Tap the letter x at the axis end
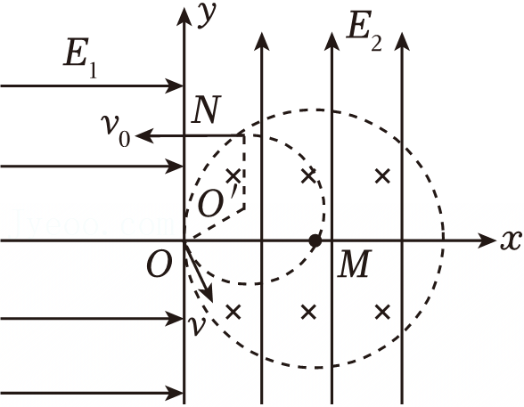pyautogui.click(x=511, y=240)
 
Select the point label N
pyautogui.click(x=207, y=110)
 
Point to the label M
pyautogui.click(x=355, y=264)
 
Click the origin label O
pyautogui.click(x=160, y=265)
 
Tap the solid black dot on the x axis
pyautogui.click(x=315, y=240)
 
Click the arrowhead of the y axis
pyautogui.click(x=184, y=15)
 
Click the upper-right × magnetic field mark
pyautogui.click(x=382, y=176)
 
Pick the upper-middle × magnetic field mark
pyautogui.click(x=308, y=176)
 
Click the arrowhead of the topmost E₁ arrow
pyautogui.click(x=174, y=85)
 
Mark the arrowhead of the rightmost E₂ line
pyautogui.click(x=401, y=41)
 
